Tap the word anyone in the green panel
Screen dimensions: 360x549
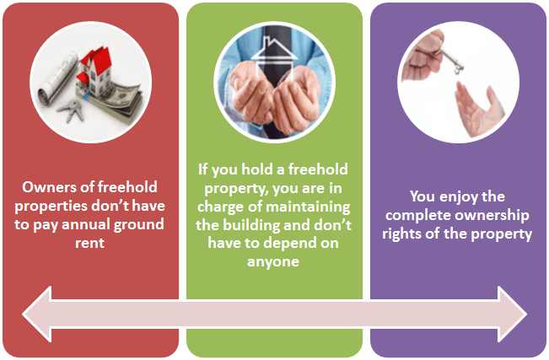(x=274, y=264)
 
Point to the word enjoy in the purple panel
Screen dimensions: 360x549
(x=456, y=196)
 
